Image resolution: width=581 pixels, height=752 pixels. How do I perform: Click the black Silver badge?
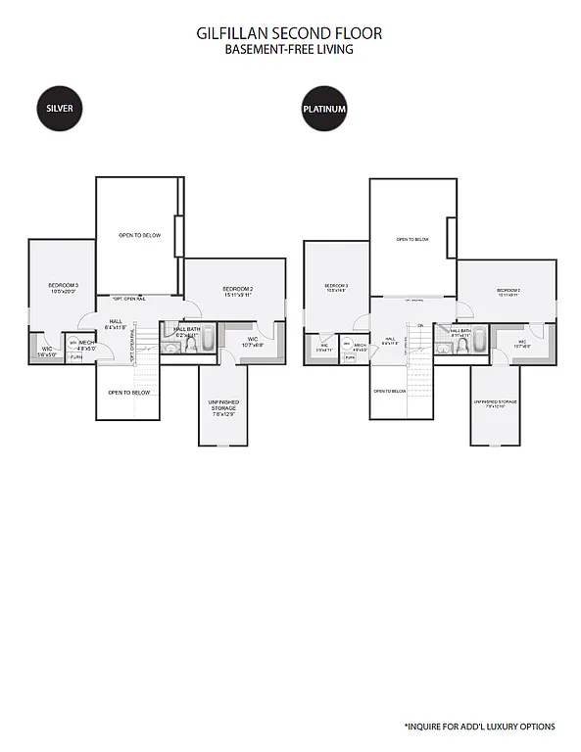point(60,108)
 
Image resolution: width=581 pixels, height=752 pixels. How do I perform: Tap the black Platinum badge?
point(324,109)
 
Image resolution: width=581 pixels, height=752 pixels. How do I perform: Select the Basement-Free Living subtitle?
point(289,49)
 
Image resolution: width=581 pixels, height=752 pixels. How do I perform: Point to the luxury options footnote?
point(480,727)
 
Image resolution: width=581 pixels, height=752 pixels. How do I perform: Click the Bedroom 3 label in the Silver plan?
point(63,288)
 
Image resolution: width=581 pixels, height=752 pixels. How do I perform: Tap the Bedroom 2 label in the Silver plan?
point(237,291)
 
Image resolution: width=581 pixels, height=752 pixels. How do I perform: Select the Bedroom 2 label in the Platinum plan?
point(508,292)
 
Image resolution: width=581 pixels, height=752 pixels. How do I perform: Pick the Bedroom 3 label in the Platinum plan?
point(336,289)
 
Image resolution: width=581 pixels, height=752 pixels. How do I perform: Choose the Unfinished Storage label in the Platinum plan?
point(495,402)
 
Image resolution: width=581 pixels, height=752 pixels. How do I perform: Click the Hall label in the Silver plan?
point(116,324)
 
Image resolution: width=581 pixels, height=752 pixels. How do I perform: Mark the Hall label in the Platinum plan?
point(389,340)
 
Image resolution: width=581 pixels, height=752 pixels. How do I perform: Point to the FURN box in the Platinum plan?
point(350,358)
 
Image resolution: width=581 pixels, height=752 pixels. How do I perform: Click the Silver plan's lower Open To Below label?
point(128,393)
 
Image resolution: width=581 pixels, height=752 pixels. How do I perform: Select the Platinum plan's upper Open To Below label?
point(412,239)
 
